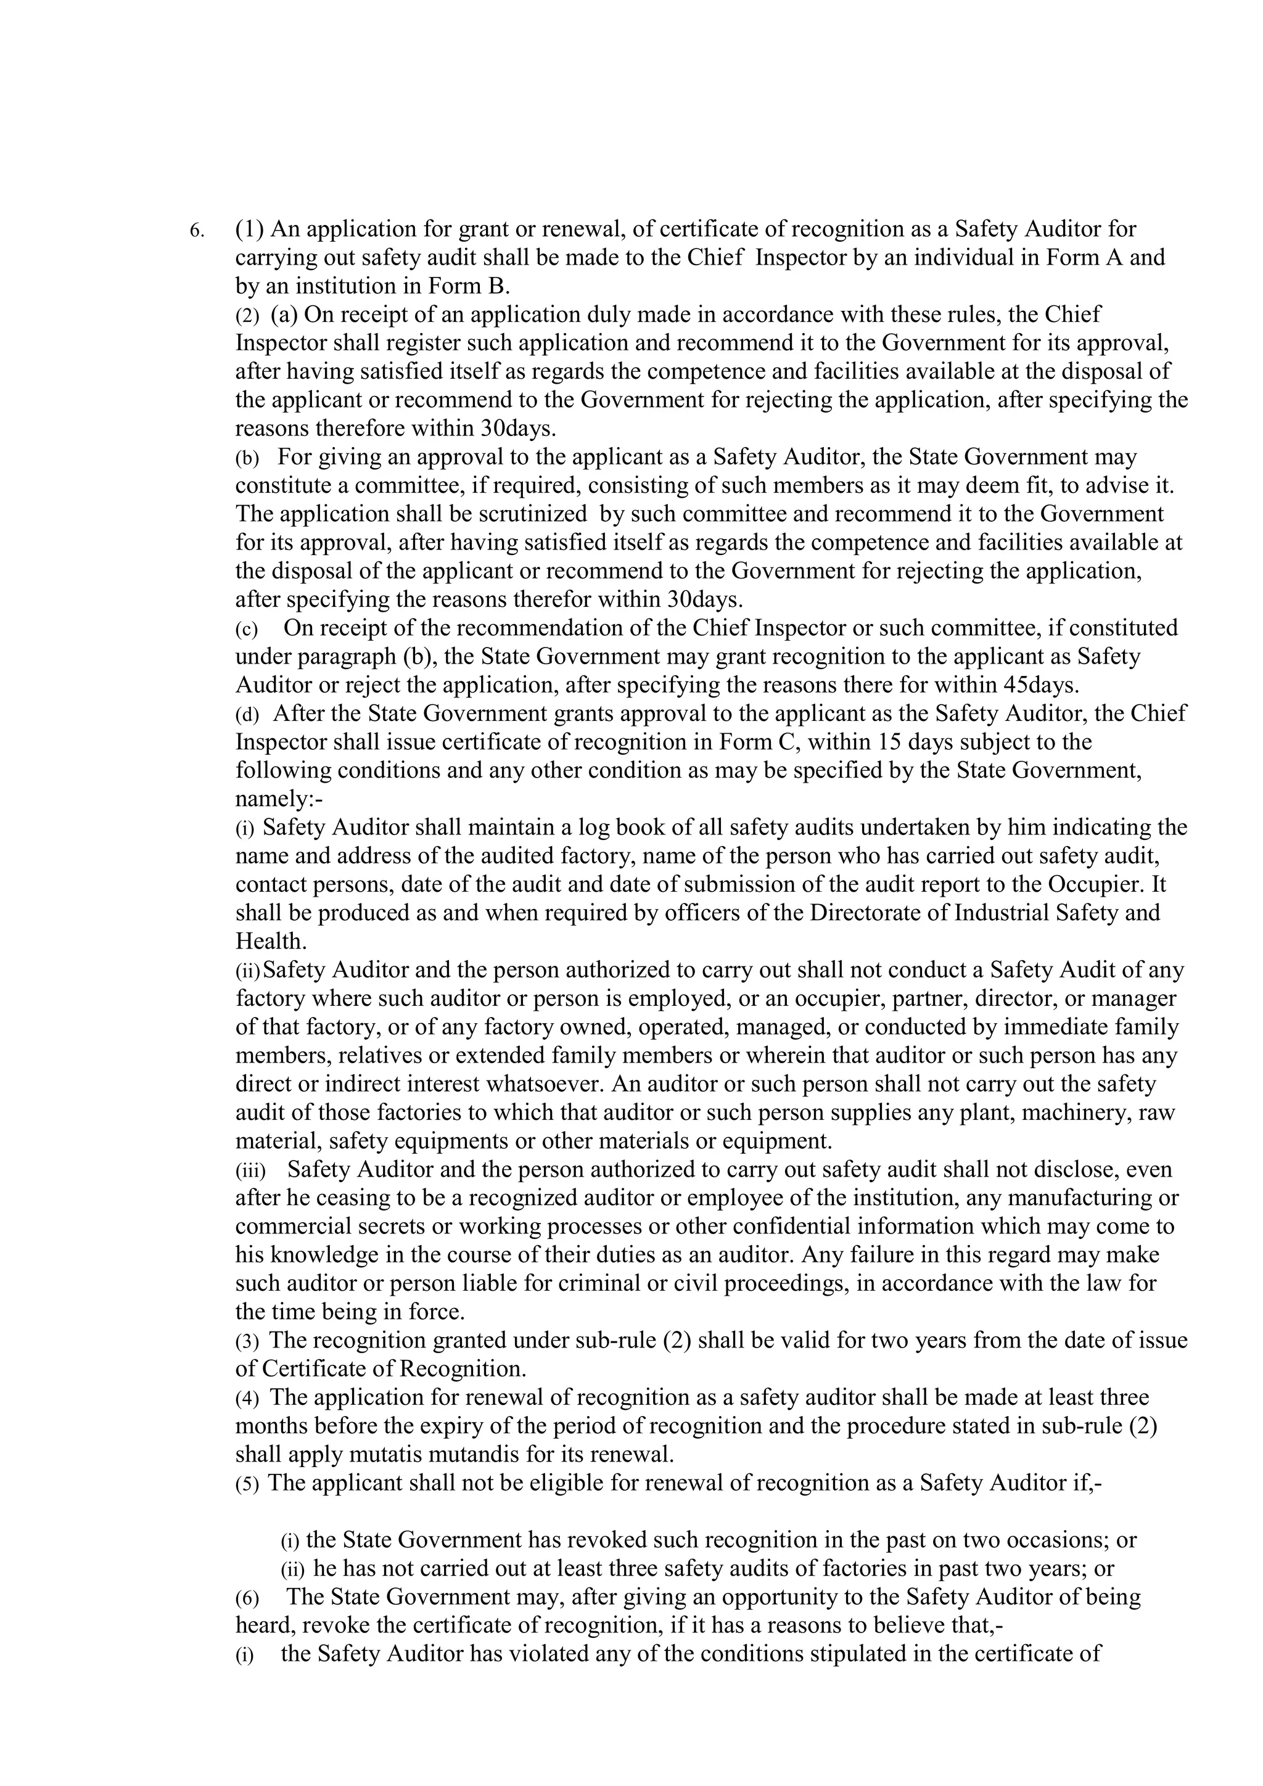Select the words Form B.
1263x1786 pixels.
pos(469,286)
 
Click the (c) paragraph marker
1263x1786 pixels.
pos(247,629)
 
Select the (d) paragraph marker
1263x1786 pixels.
pos(247,714)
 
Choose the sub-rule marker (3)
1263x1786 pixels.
pos(247,1342)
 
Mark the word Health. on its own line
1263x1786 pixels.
pos(271,941)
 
